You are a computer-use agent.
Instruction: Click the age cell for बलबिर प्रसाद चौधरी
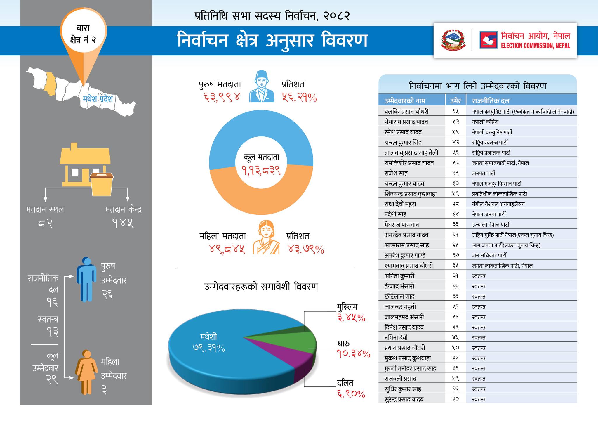[456, 111]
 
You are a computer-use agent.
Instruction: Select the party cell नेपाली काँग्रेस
[485, 122]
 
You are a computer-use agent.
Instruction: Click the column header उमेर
[456, 101]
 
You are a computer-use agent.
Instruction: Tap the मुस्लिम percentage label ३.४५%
[351, 318]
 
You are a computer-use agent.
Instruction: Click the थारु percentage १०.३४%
[353, 354]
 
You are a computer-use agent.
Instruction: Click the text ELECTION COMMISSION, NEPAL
[535, 46]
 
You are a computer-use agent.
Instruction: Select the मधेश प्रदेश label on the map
[98, 99]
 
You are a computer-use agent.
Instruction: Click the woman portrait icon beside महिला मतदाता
[266, 237]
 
